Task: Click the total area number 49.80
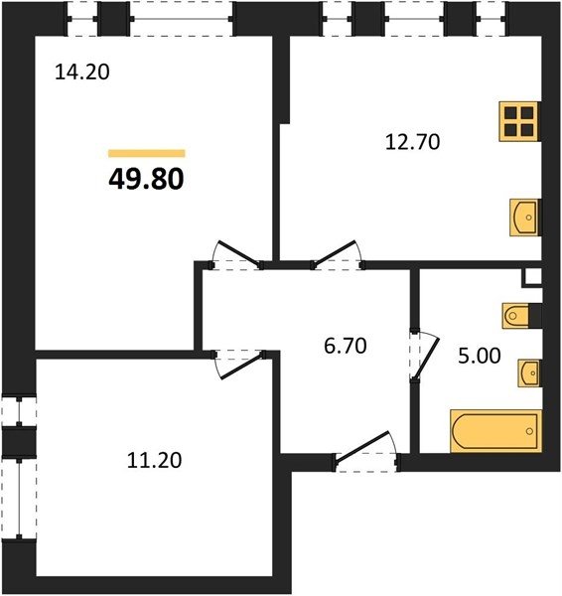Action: click(146, 179)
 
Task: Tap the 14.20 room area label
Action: click(82, 72)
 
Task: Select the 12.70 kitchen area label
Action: click(413, 142)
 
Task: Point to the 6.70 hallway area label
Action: click(345, 346)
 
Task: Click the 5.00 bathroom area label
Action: click(480, 357)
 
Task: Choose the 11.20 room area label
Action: click(154, 460)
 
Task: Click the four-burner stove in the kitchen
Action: click(519, 121)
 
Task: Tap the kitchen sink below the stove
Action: click(524, 218)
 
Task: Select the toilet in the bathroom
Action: click(516, 316)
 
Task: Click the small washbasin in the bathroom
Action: click(529, 373)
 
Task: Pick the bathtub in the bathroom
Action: click(495, 431)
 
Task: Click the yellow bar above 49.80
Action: click(147, 153)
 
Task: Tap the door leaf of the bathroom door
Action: click(427, 358)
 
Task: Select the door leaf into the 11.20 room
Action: click(242, 366)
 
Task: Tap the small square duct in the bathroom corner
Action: click(531, 277)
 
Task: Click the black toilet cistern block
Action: click(535, 316)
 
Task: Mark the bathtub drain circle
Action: click(529, 431)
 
